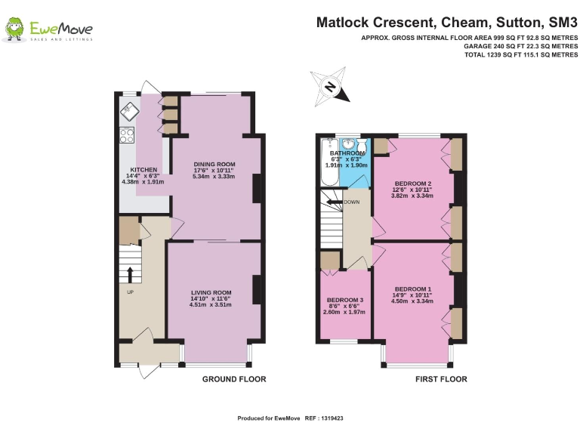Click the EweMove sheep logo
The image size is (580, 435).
14,29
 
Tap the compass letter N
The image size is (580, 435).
330,88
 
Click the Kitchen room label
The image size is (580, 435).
143,170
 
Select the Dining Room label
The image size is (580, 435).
214,164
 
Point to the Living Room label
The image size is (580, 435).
211,292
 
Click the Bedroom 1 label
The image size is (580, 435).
413,289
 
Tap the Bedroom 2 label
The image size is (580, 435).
413,184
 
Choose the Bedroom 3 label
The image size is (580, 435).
345,300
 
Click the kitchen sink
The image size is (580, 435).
129,112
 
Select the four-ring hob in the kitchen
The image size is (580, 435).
127,135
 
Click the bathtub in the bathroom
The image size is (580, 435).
328,162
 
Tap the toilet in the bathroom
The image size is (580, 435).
362,146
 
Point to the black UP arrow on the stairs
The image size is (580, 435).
130,275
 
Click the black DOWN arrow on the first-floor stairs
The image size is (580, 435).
335,202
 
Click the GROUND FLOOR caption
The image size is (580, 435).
234,379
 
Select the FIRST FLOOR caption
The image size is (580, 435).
441,379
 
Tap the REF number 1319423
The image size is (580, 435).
332,418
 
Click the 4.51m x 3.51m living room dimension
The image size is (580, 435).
211,305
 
